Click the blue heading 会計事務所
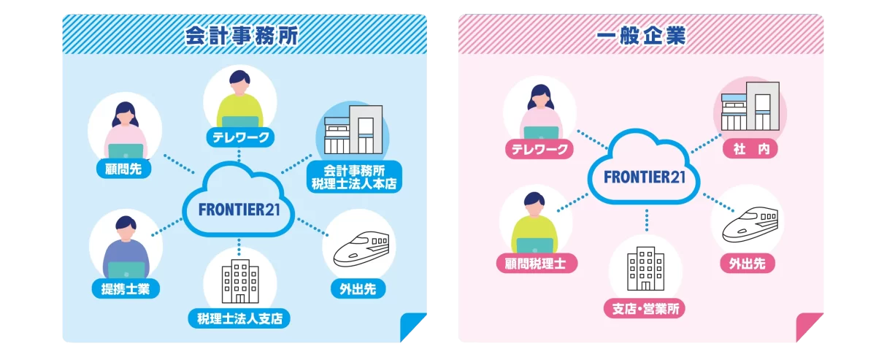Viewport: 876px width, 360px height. [x=242, y=36]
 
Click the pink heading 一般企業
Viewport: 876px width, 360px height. [x=641, y=36]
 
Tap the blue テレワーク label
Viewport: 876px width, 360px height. [x=241, y=137]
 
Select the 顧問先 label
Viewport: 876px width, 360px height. [x=123, y=169]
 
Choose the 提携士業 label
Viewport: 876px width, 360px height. [x=126, y=288]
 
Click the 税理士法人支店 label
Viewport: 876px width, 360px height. [x=239, y=318]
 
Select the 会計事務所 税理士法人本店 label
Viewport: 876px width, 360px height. [x=353, y=177]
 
